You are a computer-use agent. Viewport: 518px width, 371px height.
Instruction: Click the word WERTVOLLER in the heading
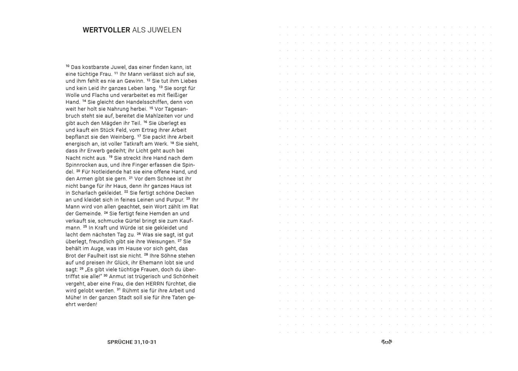[106, 30]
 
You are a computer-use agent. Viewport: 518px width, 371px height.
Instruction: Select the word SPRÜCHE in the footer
[120, 342]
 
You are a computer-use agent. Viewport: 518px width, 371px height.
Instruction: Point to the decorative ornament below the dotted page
[386, 342]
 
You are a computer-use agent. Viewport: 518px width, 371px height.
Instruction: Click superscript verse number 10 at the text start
[68, 66]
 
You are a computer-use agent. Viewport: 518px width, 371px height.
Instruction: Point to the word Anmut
[118, 277]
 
